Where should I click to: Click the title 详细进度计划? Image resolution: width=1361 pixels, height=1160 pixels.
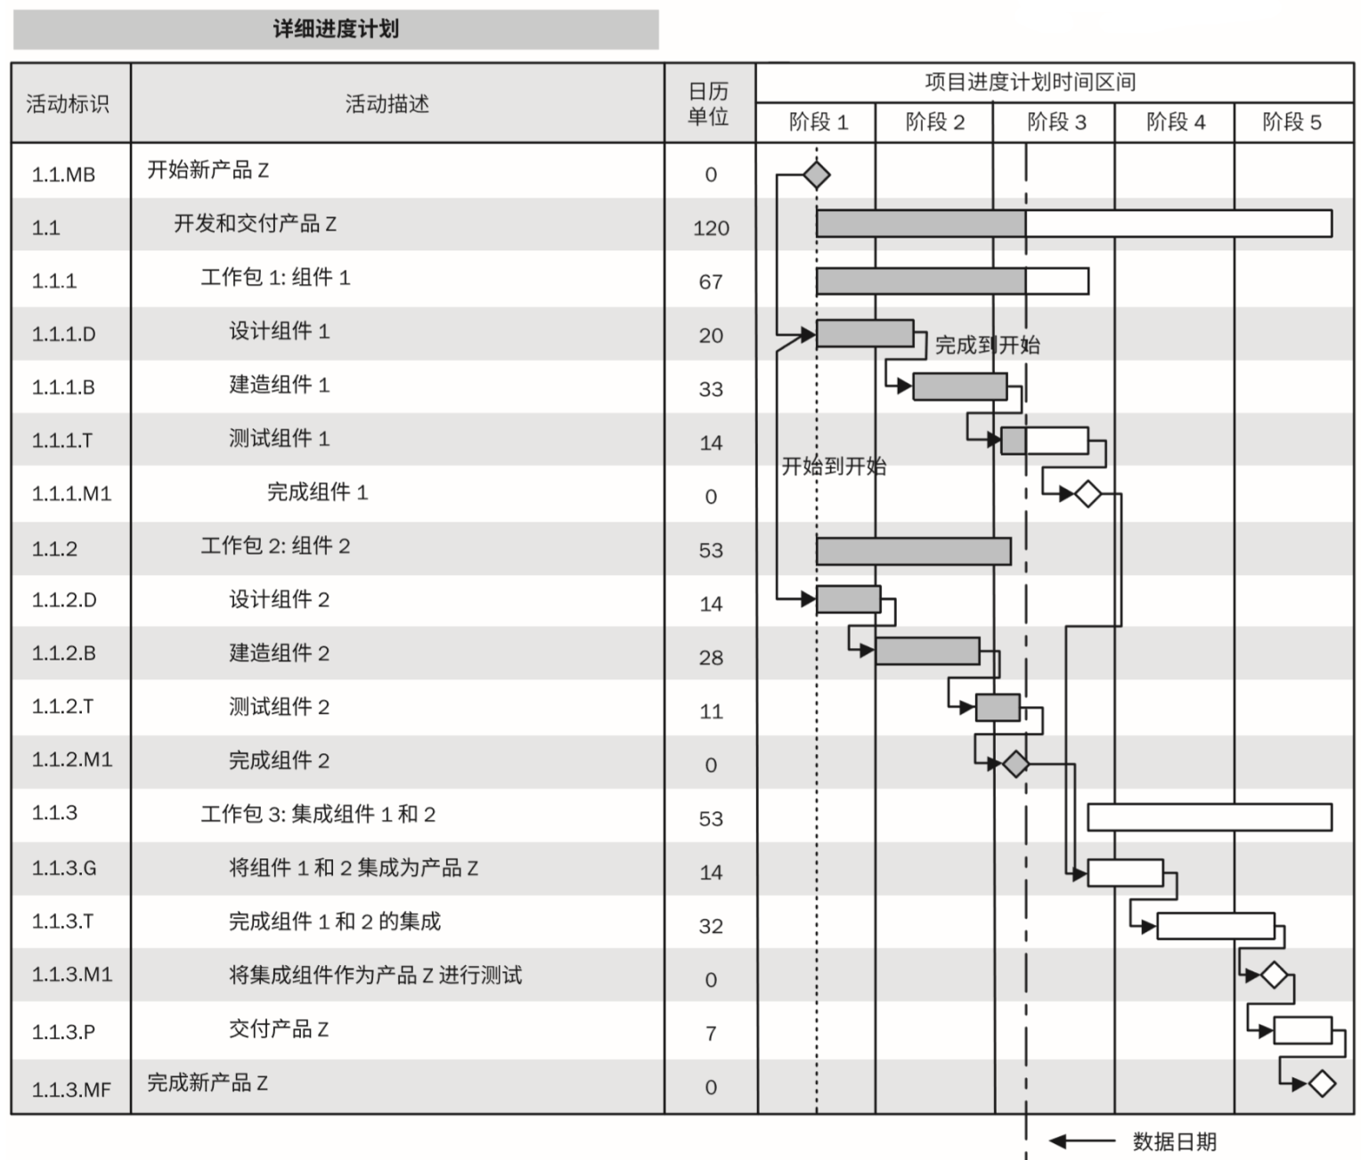click(x=336, y=29)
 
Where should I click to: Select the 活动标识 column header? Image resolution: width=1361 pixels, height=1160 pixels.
click(x=67, y=104)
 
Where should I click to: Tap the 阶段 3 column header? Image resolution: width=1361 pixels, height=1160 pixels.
click(x=1056, y=122)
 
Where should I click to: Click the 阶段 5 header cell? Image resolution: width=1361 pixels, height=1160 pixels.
click(x=1292, y=122)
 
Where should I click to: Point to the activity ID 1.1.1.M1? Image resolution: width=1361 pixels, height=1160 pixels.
click(x=72, y=493)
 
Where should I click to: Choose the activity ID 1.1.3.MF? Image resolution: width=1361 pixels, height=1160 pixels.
click(x=71, y=1090)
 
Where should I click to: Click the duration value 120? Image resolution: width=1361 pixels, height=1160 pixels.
click(x=711, y=228)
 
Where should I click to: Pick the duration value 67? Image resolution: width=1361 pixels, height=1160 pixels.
click(x=711, y=281)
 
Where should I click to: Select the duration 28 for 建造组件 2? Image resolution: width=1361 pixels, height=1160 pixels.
click(x=711, y=657)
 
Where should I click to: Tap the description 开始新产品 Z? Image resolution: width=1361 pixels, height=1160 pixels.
click(x=208, y=170)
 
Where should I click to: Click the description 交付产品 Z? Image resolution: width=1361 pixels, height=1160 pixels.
click(x=279, y=1028)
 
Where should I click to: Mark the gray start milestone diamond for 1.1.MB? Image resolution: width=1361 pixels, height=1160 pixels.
click(x=817, y=175)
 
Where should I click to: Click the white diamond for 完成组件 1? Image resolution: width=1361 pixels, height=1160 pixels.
click(x=1088, y=493)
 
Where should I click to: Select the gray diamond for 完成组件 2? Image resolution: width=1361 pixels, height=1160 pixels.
click(x=1015, y=764)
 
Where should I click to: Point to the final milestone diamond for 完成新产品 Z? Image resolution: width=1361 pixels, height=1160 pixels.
click(x=1322, y=1083)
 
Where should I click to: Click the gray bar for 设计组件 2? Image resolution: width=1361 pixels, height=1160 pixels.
click(x=848, y=599)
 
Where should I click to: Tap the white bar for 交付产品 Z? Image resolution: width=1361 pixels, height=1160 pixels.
click(x=1303, y=1030)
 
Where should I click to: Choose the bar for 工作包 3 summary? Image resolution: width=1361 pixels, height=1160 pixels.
click(x=1210, y=817)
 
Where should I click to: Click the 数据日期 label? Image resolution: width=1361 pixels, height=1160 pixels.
click(x=1175, y=1141)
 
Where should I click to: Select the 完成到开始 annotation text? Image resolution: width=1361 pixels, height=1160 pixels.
click(x=988, y=345)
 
